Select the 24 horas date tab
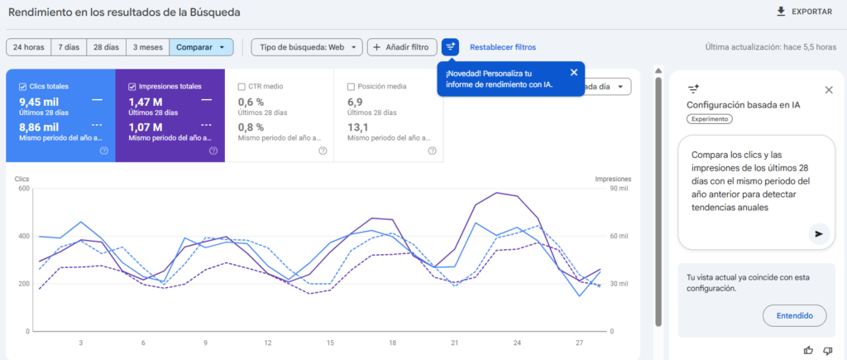28,47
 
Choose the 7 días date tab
69,47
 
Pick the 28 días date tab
106,47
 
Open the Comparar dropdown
201,47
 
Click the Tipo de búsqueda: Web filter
306,47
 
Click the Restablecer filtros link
502,47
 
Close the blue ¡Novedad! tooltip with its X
573,73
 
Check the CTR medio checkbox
242,86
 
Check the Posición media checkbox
352,86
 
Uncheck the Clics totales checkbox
22,86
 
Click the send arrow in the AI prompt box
818,234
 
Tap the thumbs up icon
808,350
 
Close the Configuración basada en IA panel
829,89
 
